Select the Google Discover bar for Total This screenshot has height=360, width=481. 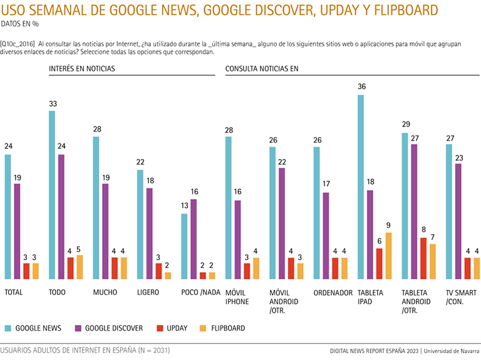point(17,231)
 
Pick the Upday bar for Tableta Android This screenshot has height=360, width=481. point(423,258)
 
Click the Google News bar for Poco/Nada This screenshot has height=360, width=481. point(184,246)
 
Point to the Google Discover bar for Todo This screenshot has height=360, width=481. point(61,217)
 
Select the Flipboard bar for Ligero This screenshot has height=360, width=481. point(168,275)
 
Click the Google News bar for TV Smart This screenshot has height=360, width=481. point(449,212)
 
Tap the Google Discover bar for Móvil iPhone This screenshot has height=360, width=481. point(238,239)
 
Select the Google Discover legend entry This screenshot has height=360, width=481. point(109,328)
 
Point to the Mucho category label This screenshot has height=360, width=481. point(105,292)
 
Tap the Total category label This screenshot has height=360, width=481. point(14,292)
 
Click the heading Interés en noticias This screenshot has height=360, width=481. point(82,68)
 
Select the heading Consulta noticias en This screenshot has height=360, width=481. point(262,68)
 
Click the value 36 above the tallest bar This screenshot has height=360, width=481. point(361,87)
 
